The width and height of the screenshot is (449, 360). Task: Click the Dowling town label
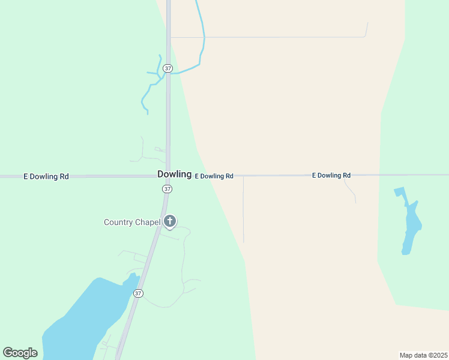click(174, 174)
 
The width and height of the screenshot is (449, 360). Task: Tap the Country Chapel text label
click(132, 222)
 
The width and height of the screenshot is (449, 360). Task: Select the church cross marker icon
click(170, 221)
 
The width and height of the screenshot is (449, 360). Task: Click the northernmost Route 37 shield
click(167, 68)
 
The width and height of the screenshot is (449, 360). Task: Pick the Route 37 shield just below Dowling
click(167, 188)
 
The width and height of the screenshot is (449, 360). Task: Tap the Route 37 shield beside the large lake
click(139, 293)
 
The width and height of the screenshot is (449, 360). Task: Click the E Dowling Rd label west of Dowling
click(46, 176)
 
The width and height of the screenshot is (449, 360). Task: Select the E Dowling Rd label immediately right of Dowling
click(214, 176)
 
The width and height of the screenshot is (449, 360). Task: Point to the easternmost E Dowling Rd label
click(331, 175)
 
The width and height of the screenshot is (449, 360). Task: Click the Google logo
click(20, 353)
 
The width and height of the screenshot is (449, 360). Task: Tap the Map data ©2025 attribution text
click(423, 355)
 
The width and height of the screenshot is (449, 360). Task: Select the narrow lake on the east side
click(411, 225)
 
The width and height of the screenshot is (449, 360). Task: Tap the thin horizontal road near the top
click(270, 37)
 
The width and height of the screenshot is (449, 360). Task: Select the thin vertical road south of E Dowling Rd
click(243, 210)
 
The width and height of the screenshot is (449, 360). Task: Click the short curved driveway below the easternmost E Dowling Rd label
click(351, 191)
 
